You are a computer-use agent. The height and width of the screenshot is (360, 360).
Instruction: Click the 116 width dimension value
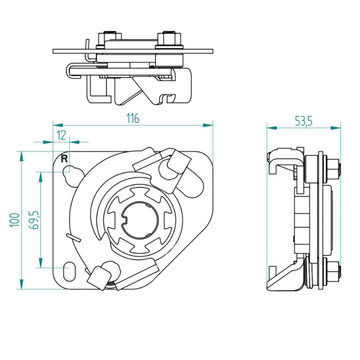tap(133, 118)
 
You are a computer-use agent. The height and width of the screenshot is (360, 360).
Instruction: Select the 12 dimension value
tap(61, 135)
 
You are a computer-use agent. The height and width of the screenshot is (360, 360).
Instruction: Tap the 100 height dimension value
tap(14, 220)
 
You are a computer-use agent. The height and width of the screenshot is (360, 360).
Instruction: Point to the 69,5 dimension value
tap(34, 220)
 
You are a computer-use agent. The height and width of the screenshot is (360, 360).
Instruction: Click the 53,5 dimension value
tap(303, 121)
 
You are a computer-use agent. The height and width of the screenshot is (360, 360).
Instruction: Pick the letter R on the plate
tap(64, 159)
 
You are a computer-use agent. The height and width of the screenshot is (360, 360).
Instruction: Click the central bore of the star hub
tap(139, 220)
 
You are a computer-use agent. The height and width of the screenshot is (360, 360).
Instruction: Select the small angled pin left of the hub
tap(73, 238)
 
